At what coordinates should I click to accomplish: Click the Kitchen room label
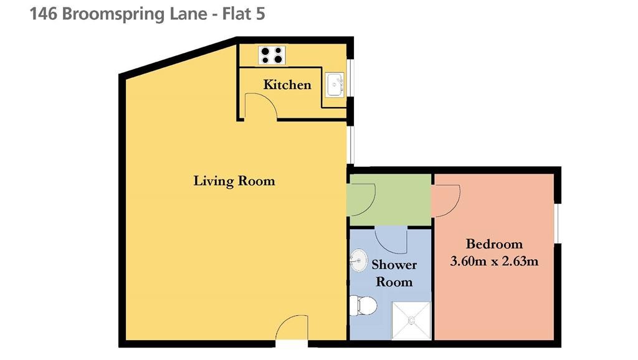click(287, 85)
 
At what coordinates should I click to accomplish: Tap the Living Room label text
click(234, 181)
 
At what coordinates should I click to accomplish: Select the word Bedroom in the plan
click(494, 244)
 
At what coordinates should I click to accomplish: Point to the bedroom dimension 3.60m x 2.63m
click(494, 261)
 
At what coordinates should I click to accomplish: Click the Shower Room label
click(394, 273)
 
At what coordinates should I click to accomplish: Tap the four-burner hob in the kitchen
click(272, 55)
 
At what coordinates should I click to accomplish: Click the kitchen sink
click(335, 85)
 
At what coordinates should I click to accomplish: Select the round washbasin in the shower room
click(358, 260)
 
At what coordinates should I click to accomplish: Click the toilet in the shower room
click(363, 306)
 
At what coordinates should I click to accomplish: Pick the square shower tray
click(411, 321)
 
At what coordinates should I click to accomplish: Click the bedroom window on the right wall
click(557, 224)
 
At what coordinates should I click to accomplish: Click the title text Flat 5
click(244, 14)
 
